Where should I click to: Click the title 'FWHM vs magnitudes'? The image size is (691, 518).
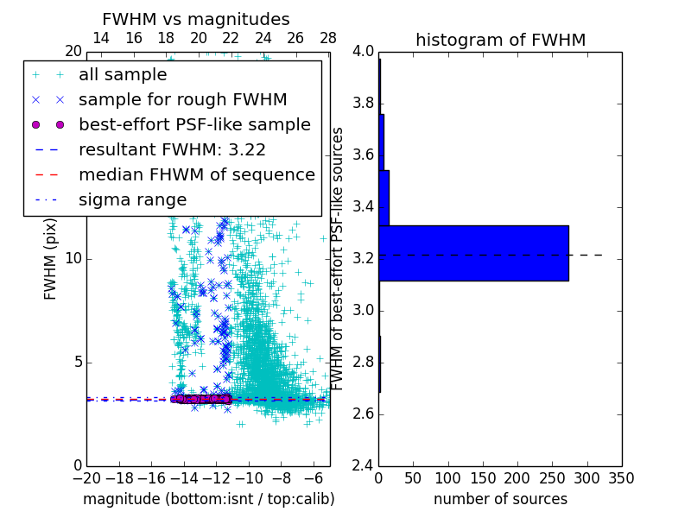(x=196, y=19)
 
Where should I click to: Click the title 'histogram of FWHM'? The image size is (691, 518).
(x=500, y=40)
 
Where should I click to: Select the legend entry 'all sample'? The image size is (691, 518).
(x=123, y=75)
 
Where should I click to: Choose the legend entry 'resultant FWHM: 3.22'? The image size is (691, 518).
(x=172, y=149)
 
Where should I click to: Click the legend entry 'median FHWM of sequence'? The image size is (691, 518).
(x=196, y=174)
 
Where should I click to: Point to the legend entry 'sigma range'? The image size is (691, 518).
(x=132, y=199)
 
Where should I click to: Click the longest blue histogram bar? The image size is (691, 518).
(x=473, y=253)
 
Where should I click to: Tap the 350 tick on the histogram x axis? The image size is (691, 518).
(x=621, y=478)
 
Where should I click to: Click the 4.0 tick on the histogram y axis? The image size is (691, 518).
(x=364, y=52)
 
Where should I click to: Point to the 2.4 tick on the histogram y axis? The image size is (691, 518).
(x=364, y=465)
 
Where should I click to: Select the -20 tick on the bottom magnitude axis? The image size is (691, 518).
(x=86, y=478)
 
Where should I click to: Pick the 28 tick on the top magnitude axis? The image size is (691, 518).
(x=328, y=39)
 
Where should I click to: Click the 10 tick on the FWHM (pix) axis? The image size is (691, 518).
(x=73, y=258)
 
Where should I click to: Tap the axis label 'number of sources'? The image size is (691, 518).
(x=500, y=499)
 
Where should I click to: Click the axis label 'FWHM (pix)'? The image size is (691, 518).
(x=51, y=258)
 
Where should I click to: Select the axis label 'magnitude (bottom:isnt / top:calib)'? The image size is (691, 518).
(x=208, y=499)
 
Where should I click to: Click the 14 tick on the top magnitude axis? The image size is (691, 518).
(x=100, y=39)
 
